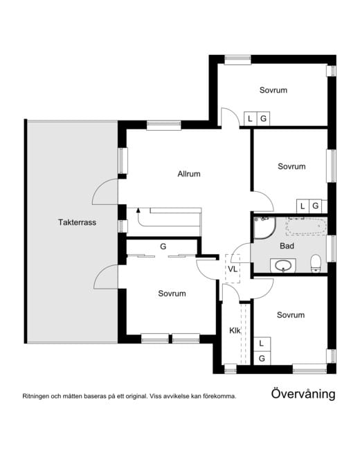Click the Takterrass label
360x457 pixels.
(x=77, y=222)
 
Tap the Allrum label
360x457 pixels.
(x=189, y=174)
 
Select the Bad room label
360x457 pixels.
(x=287, y=246)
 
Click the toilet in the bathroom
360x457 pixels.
(x=316, y=263)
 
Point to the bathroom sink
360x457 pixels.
(x=283, y=265)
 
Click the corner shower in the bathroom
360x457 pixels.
(x=264, y=228)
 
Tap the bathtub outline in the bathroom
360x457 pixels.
(x=306, y=226)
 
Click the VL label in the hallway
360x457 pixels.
(x=233, y=269)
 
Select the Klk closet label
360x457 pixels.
(x=235, y=330)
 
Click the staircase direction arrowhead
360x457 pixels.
(x=138, y=210)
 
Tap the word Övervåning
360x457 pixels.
(x=303, y=394)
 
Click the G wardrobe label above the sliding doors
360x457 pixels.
(x=163, y=247)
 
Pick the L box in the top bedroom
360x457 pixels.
(x=250, y=118)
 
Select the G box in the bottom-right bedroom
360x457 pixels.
(x=262, y=358)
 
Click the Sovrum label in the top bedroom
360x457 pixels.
(x=273, y=90)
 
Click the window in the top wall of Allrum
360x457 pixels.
(x=164, y=125)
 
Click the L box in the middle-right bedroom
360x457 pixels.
(x=303, y=206)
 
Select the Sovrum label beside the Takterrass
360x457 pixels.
(x=172, y=294)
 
